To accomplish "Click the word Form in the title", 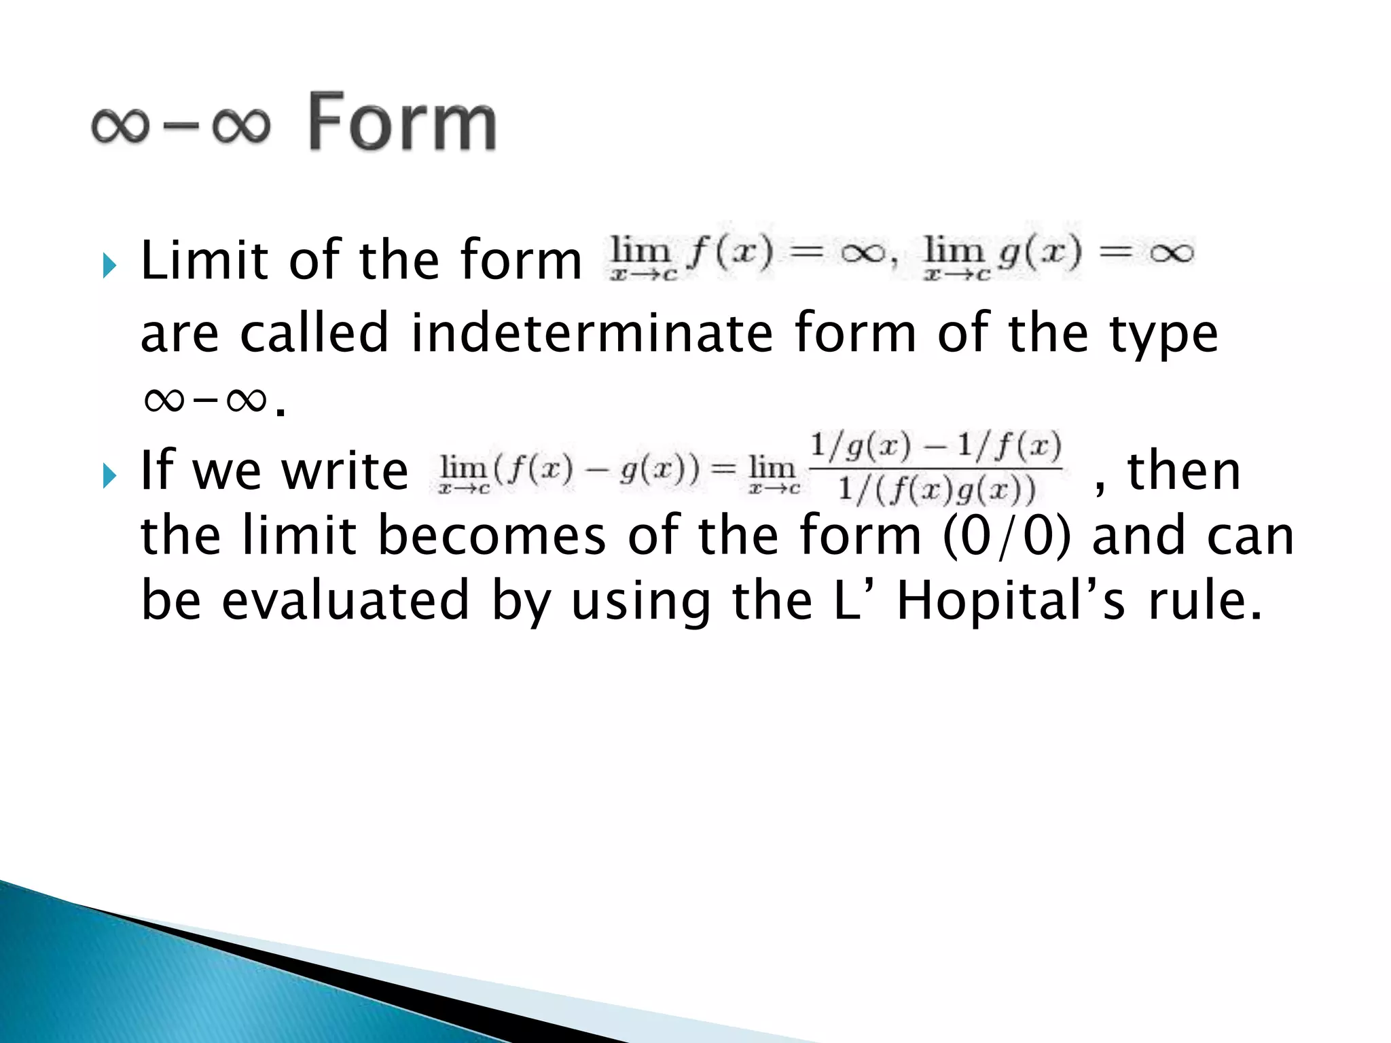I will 402,122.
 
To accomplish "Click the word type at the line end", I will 1163,334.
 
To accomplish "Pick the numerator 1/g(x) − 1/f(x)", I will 936,447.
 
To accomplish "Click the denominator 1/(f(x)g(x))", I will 937,489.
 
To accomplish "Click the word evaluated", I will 346,600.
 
